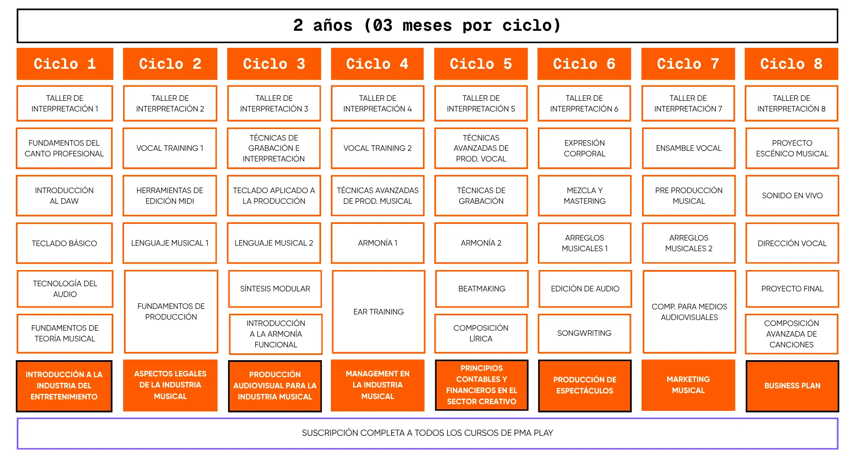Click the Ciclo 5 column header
pyautogui.click(x=481, y=64)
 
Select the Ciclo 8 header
pyautogui.click(x=791, y=64)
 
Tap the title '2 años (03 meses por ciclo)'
pyautogui.click(x=427, y=26)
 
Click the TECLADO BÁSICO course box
pyautogui.click(x=65, y=243)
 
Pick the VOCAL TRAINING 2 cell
pyautogui.click(x=377, y=148)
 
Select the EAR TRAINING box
pyautogui.click(x=378, y=312)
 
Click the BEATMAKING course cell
pyautogui.click(x=482, y=289)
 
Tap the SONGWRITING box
pyautogui.click(x=584, y=333)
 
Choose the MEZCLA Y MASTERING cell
pyautogui.click(x=584, y=196)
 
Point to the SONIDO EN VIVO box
pyautogui.click(x=792, y=196)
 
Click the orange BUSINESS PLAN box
pyautogui.click(x=792, y=386)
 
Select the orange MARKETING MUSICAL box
pyautogui.click(x=688, y=385)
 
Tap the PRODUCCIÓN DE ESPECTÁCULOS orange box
pyautogui.click(x=584, y=385)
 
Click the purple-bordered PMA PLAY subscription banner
pyautogui.click(x=427, y=433)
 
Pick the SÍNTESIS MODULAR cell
pyautogui.click(x=275, y=289)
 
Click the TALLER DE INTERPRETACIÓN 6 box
pyautogui.click(x=584, y=103)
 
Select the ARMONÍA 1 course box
pyautogui.click(x=377, y=243)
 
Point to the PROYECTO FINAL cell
pyautogui.click(x=792, y=289)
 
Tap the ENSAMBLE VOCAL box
pyautogui.click(x=689, y=148)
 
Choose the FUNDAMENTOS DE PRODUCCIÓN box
pyautogui.click(x=171, y=312)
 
